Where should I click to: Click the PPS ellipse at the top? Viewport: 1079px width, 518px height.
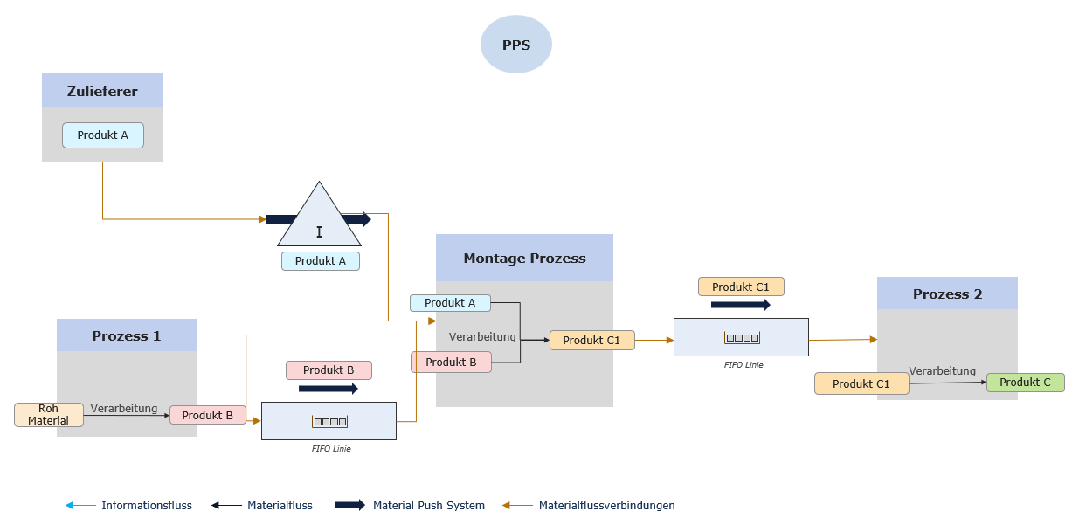[x=516, y=45]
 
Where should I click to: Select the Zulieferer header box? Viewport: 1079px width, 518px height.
[x=102, y=91]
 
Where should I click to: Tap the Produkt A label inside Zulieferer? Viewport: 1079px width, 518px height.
[x=102, y=135]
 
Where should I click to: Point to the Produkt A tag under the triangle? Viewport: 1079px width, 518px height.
[x=320, y=261]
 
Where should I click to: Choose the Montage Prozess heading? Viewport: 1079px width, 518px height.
[x=524, y=259]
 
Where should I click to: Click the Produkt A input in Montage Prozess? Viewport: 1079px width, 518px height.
[x=450, y=303]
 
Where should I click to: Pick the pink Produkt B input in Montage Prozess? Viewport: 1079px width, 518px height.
[x=451, y=362]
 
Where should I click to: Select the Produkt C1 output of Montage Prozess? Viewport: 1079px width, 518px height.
[x=591, y=341]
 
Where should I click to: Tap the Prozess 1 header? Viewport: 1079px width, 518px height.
[x=127, y=335]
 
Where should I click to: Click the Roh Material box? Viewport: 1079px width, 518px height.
[x=48, y=415]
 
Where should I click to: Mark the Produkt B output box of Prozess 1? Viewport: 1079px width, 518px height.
[x=207, y=416]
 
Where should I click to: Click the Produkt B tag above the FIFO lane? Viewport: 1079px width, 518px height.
[x=329, y=370]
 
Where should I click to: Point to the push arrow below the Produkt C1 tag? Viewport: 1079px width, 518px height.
[x=741, y=305]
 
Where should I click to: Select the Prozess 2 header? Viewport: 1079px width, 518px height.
[x=947, y=294]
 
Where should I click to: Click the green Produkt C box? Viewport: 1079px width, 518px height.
[x=1025, y=383]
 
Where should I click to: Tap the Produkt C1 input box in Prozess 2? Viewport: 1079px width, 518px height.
[x=861, y=384]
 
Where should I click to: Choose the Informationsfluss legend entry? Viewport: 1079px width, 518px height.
[x=146, y=506]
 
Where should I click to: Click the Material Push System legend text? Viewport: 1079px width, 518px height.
[x=428, y=506]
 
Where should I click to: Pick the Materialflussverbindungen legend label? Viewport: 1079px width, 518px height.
[x=606, y=506]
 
